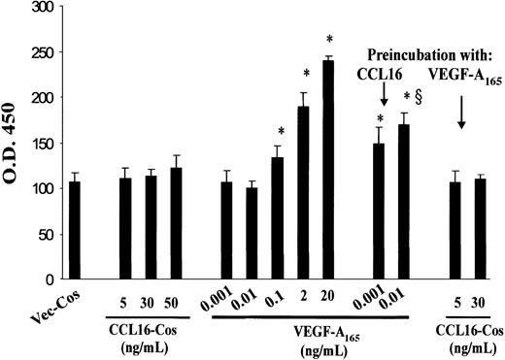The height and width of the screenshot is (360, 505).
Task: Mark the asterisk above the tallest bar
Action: pos(329,40)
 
